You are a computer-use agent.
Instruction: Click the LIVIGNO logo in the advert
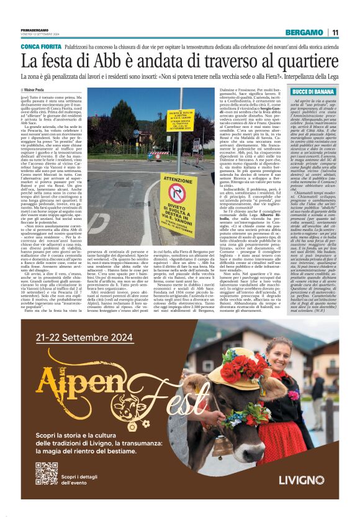coord(301,479)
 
